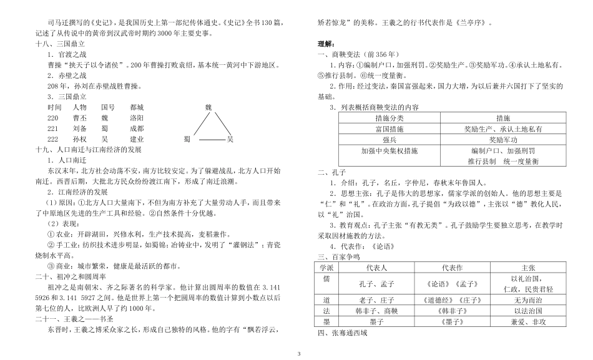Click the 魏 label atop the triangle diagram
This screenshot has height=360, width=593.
click(209, 107)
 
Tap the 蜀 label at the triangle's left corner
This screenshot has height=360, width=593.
click(187, 139)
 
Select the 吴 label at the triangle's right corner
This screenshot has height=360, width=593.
click(230, 139)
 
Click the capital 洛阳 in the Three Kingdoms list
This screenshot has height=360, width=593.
click(137, 118)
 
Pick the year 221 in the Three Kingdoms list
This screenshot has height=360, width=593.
click(52, 129)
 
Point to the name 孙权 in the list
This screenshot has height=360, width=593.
click(79, 139)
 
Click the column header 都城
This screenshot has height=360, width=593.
click(137, 107)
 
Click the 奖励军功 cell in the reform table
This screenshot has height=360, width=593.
click(503, 140)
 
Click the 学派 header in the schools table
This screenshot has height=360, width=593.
click(325, 267)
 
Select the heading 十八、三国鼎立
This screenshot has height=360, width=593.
click(60, 44)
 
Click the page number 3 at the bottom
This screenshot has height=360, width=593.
click(298, 354)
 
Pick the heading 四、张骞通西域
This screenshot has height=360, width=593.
click(342, 333)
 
